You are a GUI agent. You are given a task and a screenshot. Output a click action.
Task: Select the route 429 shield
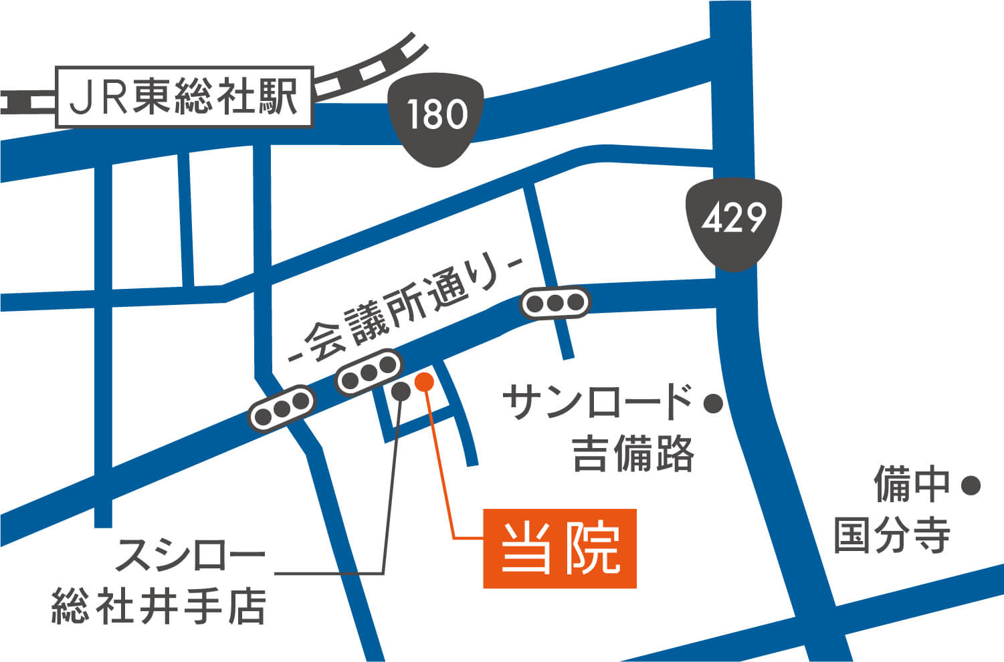(734, 221)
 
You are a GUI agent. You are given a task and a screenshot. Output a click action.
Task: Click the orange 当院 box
(559, 548)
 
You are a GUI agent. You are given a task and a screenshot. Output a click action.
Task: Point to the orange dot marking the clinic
(424, 382)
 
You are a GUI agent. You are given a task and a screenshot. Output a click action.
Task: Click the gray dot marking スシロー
(401, 391)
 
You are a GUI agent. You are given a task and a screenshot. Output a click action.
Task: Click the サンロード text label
(597, 402)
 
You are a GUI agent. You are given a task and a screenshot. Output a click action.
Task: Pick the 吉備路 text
(633, 454)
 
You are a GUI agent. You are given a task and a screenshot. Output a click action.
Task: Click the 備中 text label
(912, 485)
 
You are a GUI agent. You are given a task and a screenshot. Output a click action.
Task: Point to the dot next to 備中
(971, 485)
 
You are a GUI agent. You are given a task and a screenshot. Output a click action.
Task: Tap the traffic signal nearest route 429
(555, 303)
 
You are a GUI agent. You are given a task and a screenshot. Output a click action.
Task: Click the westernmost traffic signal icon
(282, 409)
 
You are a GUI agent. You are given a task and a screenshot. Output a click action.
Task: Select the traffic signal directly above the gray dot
(369, 372)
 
